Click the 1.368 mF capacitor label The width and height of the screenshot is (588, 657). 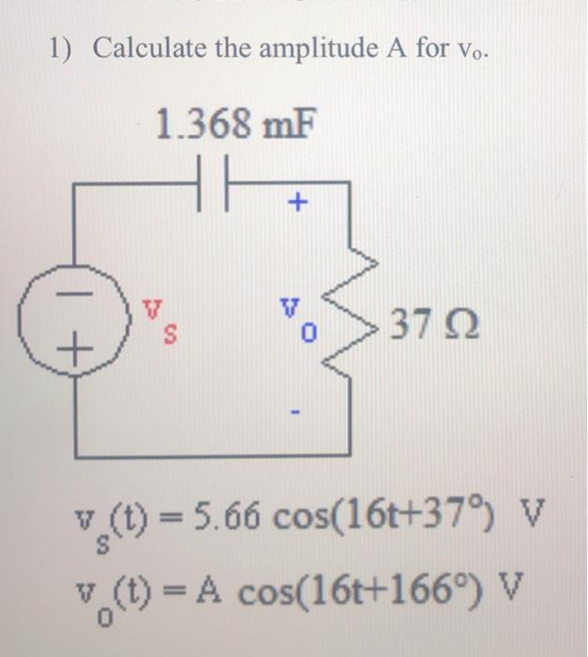234,122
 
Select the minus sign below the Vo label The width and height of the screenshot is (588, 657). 298,411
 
